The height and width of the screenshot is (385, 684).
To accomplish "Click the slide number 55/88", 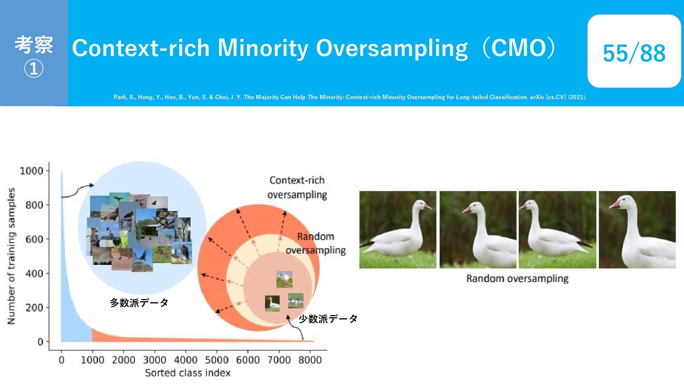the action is [x=634, y=53].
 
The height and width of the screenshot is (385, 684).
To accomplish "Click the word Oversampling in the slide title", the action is [x=392, y=48].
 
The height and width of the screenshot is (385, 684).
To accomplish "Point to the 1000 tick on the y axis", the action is [x=31, y=171].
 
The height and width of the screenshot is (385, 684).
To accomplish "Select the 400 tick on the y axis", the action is [x=34, y=273].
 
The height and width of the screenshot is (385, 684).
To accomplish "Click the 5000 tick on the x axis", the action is [x=217, y=360].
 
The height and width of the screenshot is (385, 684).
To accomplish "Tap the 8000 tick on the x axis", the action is [x=310, y=360].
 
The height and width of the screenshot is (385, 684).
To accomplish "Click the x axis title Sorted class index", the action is [x=188, y=373].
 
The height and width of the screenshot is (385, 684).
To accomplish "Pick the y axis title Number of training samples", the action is [x=11, y=256].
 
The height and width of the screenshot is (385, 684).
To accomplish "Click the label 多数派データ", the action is [x=139, y=303].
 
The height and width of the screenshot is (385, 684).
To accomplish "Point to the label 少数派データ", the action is [x=328, y=319].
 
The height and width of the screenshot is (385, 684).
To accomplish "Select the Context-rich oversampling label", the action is [x=297, y=188].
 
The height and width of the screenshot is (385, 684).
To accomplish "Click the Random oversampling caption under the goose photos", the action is [x=517, y=278].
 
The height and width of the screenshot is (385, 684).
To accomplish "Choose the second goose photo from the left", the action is [x=478, y=230].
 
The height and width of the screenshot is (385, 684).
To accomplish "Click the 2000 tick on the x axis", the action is [x=124, y=360].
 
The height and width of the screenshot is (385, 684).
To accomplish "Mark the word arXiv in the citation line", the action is [x=537, y=97].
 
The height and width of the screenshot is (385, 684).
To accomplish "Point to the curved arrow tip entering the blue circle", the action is [x=93, y=185].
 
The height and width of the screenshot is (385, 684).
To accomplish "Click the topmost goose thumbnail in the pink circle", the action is [x=284, y=279].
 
